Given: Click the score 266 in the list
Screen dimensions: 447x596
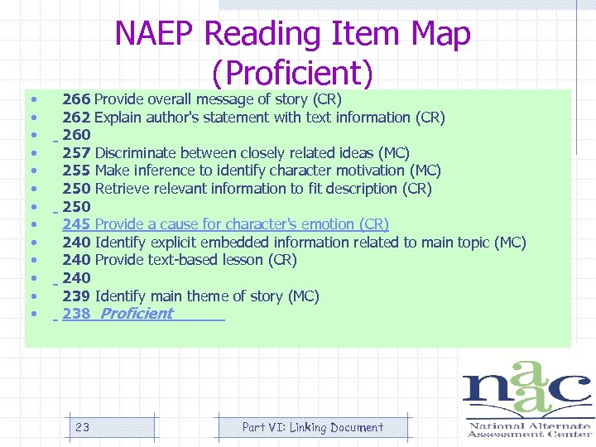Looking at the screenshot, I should click(76, 99).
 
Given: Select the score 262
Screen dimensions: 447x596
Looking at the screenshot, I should click(76, 118).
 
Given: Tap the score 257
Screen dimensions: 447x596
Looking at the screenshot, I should click(76, 153).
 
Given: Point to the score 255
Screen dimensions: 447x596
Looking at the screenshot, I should click(76, 171).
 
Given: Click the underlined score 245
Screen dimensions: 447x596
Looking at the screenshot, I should click(76, 224).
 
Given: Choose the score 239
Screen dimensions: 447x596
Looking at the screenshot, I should click(76, 296).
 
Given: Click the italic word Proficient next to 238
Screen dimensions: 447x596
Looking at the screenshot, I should click(137, 314).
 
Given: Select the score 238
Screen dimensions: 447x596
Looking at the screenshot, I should click(76, 314).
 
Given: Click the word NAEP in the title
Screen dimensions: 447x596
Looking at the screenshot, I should click(155, 35).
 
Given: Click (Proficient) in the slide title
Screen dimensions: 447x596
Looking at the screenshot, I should click(293, 74).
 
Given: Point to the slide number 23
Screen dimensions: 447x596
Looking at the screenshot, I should click(82, 427).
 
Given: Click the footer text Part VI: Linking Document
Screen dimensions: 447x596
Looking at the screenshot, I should click(312, 427).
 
